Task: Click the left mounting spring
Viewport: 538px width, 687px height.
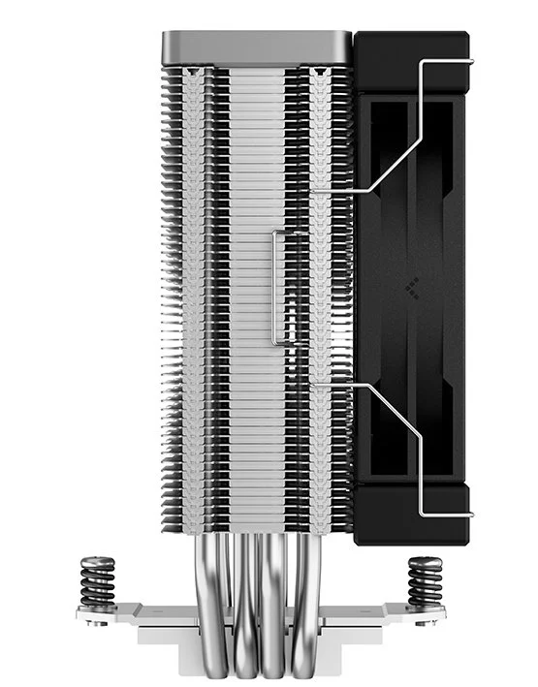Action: tap(97, 578)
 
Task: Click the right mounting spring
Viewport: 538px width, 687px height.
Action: tap(425, 578)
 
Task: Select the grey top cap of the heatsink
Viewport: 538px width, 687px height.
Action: tap(256, 44)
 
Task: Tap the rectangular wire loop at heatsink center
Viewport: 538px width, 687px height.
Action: tap(278, 288)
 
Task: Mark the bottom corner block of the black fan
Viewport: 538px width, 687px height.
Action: tap(412, 514)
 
